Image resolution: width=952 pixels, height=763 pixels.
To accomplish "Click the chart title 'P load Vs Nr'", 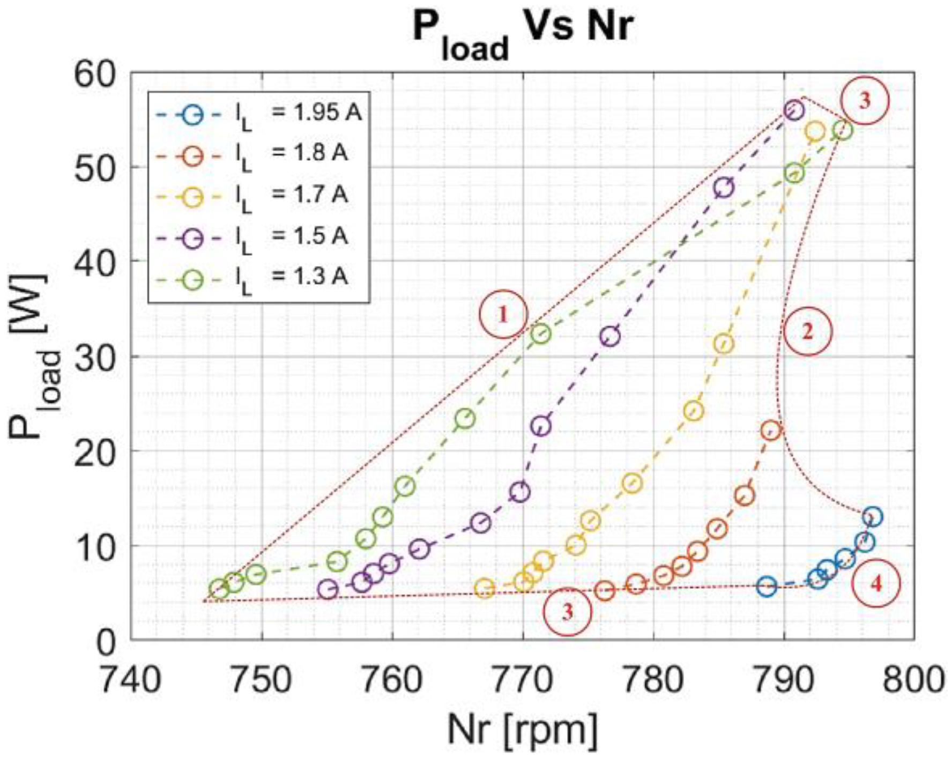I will click(x=523, y=32).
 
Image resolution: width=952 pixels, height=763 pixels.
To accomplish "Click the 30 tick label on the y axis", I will click(x=96, y=356).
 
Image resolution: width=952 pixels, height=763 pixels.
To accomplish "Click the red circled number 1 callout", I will click(x=503, y=315).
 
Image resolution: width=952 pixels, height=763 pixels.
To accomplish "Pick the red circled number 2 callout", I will click(x=807, y=332).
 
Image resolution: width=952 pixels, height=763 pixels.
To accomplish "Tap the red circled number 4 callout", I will click(x=875, y=584).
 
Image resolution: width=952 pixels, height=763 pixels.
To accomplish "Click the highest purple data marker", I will click(x=794, y=110).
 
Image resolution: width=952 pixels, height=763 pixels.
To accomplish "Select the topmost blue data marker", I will click(x=873, y=517).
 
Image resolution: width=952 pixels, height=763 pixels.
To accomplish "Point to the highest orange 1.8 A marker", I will click(x=771, y=430).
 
